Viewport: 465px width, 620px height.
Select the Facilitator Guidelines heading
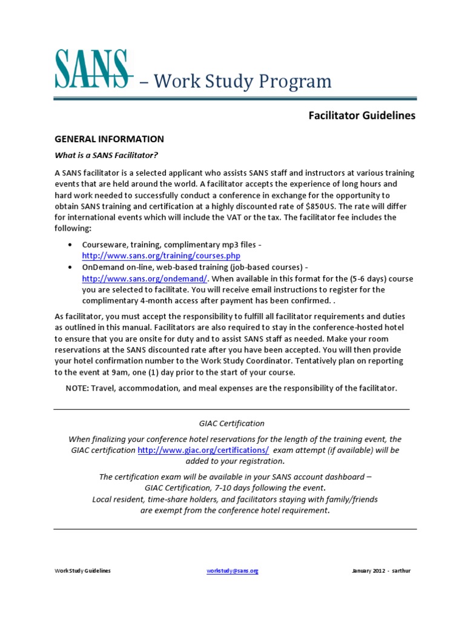(362, 116)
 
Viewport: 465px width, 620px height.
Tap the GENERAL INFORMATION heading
(109, 139)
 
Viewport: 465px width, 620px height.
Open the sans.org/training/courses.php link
(157, 256)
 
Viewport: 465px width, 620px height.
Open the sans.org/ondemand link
(145, 279)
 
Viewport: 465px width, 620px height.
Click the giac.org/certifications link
(203, 450)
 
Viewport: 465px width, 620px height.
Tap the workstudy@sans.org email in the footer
(232, 571)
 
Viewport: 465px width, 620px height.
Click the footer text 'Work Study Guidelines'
(83, 571)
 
